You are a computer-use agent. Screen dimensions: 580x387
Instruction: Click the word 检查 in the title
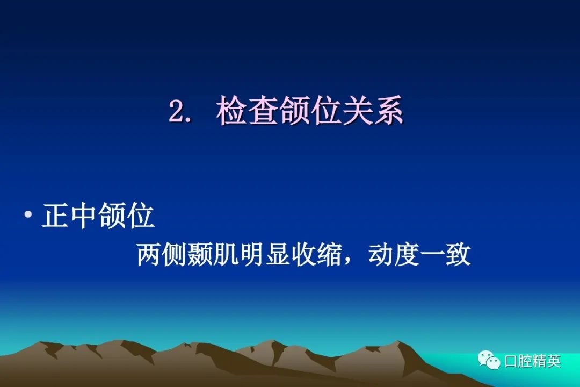pos(248,110)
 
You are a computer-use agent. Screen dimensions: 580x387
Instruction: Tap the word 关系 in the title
pos(373,110)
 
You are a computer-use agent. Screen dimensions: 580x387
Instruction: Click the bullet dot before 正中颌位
pos(28,214)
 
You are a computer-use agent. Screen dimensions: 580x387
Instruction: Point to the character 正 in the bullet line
pos(56,215)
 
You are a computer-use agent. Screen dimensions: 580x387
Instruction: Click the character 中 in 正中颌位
pos(84,215)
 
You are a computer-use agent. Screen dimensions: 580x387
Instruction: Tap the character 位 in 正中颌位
pos(141,215)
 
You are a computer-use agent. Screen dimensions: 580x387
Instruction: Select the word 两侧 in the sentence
pos(162,254)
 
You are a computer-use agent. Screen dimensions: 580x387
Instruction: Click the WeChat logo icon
pos(489,360)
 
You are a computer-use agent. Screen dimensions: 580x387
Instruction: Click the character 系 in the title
pos(388,110)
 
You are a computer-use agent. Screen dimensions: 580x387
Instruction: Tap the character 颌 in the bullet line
pos(112,215)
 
